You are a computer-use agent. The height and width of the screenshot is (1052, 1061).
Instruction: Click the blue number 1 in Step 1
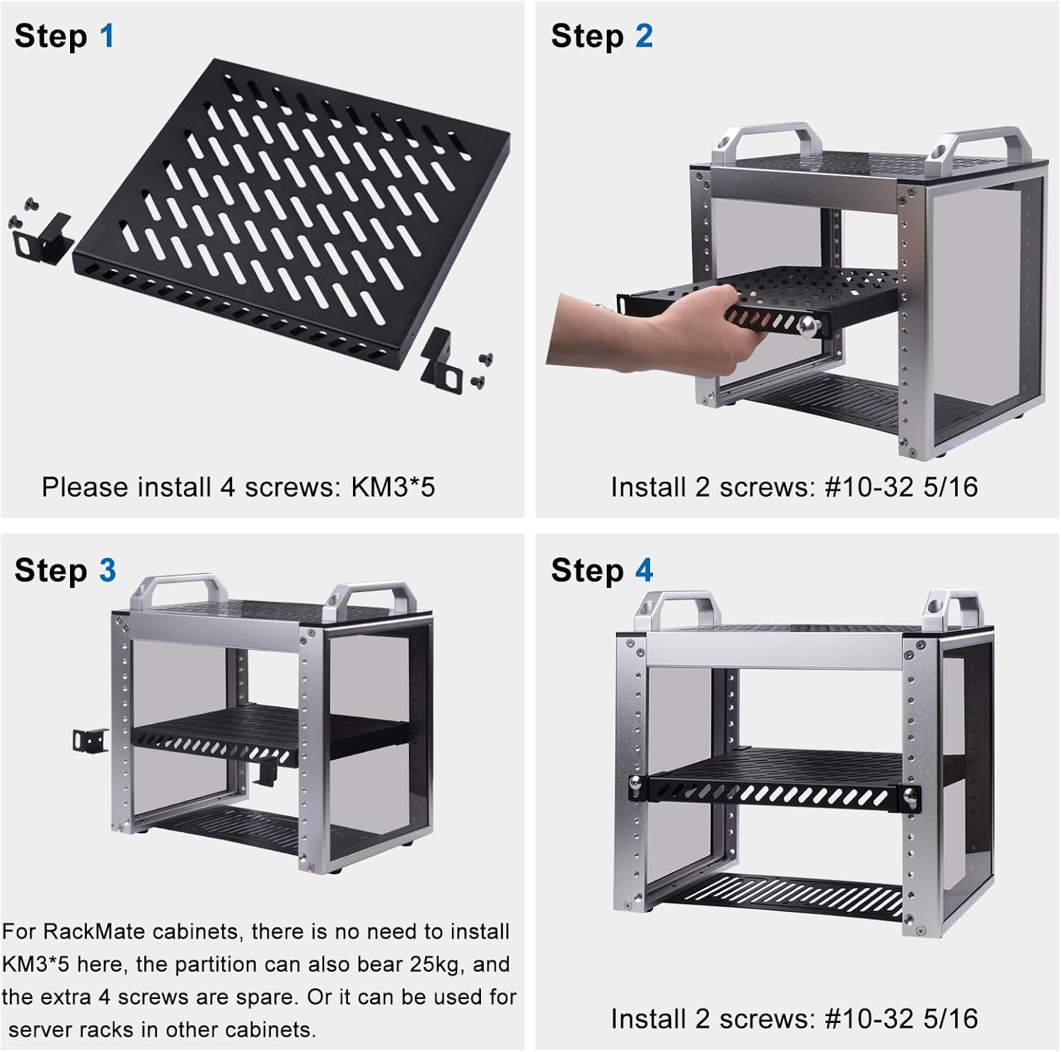point(107,36)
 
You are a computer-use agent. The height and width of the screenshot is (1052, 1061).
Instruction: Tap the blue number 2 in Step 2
point(644,36)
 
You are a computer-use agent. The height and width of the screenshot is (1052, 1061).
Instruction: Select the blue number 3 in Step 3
point(108,570)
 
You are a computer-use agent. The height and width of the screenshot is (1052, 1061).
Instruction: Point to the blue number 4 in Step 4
point(644,570)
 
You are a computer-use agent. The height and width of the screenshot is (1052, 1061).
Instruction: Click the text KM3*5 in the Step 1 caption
point(393,487)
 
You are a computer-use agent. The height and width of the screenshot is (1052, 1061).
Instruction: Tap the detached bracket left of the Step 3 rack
point(91,740)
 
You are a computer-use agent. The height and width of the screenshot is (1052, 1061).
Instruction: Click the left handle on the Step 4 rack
point(676,610)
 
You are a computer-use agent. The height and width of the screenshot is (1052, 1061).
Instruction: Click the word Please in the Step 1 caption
point(85,487)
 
